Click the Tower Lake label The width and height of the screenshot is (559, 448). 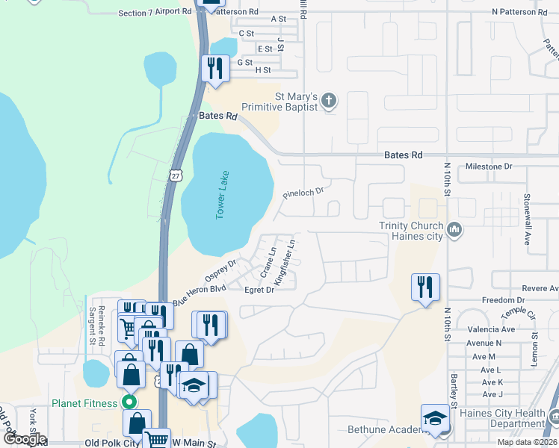coord(221,195)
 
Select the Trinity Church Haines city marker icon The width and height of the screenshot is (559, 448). coord(454,231)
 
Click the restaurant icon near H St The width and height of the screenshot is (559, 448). coord(214,68)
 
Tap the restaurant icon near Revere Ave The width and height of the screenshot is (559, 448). coord(425,287)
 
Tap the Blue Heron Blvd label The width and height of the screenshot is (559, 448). coord(199,294)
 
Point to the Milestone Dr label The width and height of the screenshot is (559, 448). coord(489,167)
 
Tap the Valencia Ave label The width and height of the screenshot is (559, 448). coord(491,329)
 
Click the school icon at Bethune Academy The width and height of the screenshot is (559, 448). coord(435,419)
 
